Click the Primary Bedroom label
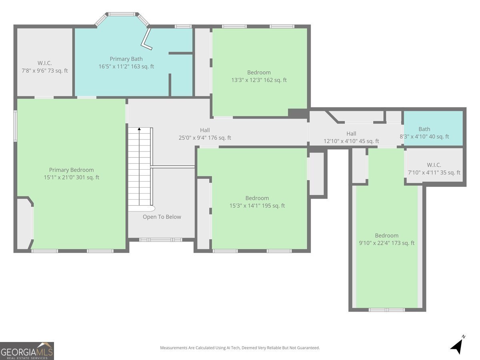pyautogui.click(x=71, y=174)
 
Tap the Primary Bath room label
pyautogui.click(x=126, y=63)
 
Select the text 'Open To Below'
pyautogui.click(x=162, y=217)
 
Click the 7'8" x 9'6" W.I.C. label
pyautogui.click(x=44, y=67)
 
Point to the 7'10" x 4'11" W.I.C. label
pyautogui.click(x=434, y=169)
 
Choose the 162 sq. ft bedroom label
pyautogui.click(x=259, y=76)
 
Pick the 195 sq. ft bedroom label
pyautogui.click(x=257, y=202)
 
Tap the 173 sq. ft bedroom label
pyautogui.click(x=386, y=239)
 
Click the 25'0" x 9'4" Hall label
pyautogui.click(x=205, y=134)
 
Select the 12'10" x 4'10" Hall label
pyautogui.click(x=351, y=137)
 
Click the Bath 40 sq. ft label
pyautogui.click(x=424, y=133)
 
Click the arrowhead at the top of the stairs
pyautogui.click(x=139, y=129)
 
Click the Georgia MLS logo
pyautogui.click(x=27, y=351)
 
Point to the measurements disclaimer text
pyautogui.click(x=240, y=348)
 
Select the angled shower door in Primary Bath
pyautogui.click(x=146, y=40)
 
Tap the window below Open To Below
pyautogui.click(x=160, y=240)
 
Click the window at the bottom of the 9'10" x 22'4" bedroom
pyautogui.click(x=386, y=310)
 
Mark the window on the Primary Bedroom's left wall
pyautogui.click(x=16, y=126)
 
